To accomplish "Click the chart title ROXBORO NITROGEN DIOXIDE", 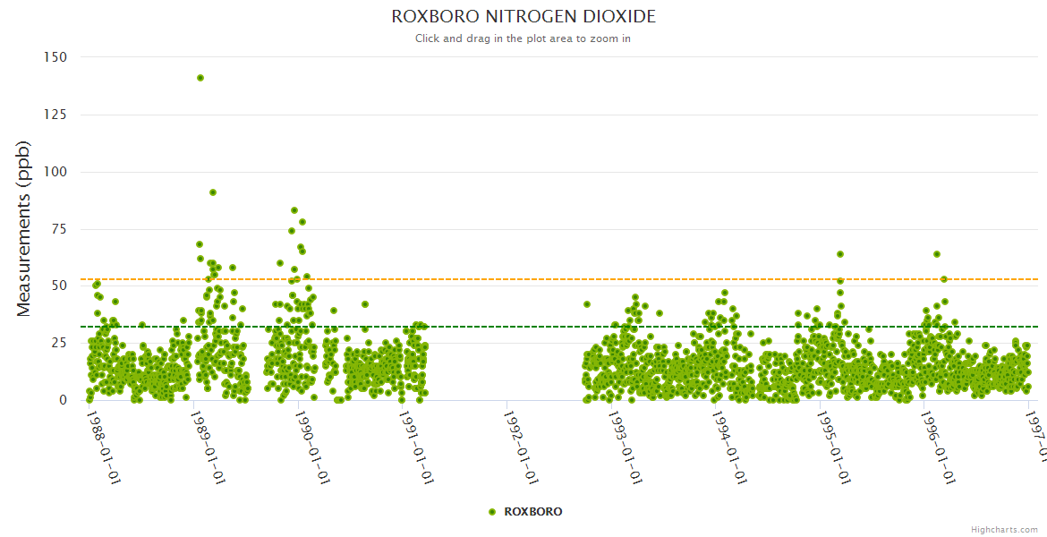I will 523,17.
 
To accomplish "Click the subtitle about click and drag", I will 523,38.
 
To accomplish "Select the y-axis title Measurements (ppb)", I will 24,228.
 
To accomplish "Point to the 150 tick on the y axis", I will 55,56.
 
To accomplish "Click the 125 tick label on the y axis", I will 55,115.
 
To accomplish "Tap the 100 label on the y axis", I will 55,172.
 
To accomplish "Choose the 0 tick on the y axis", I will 63,400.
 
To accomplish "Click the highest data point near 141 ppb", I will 200,78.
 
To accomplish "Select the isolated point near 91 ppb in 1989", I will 213,192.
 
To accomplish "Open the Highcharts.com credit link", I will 1004,530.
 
